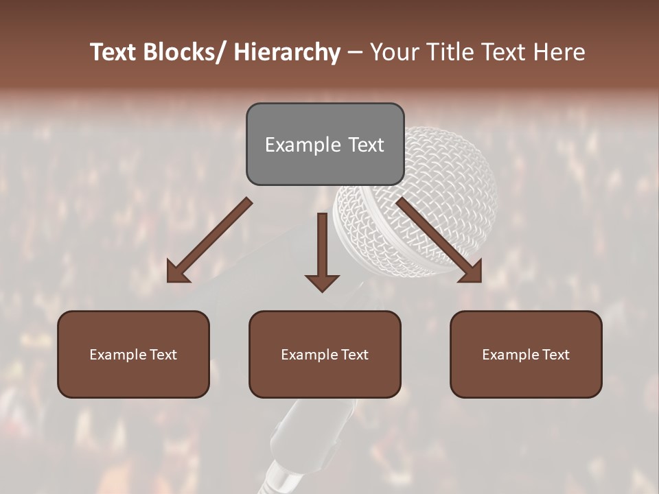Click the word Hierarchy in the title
[287, 53]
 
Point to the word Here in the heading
[559, 53]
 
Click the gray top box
[325, 144]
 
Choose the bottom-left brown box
[133, 355]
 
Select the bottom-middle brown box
[325, 355]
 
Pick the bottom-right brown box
[526, 355]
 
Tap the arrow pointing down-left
[209, 240]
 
